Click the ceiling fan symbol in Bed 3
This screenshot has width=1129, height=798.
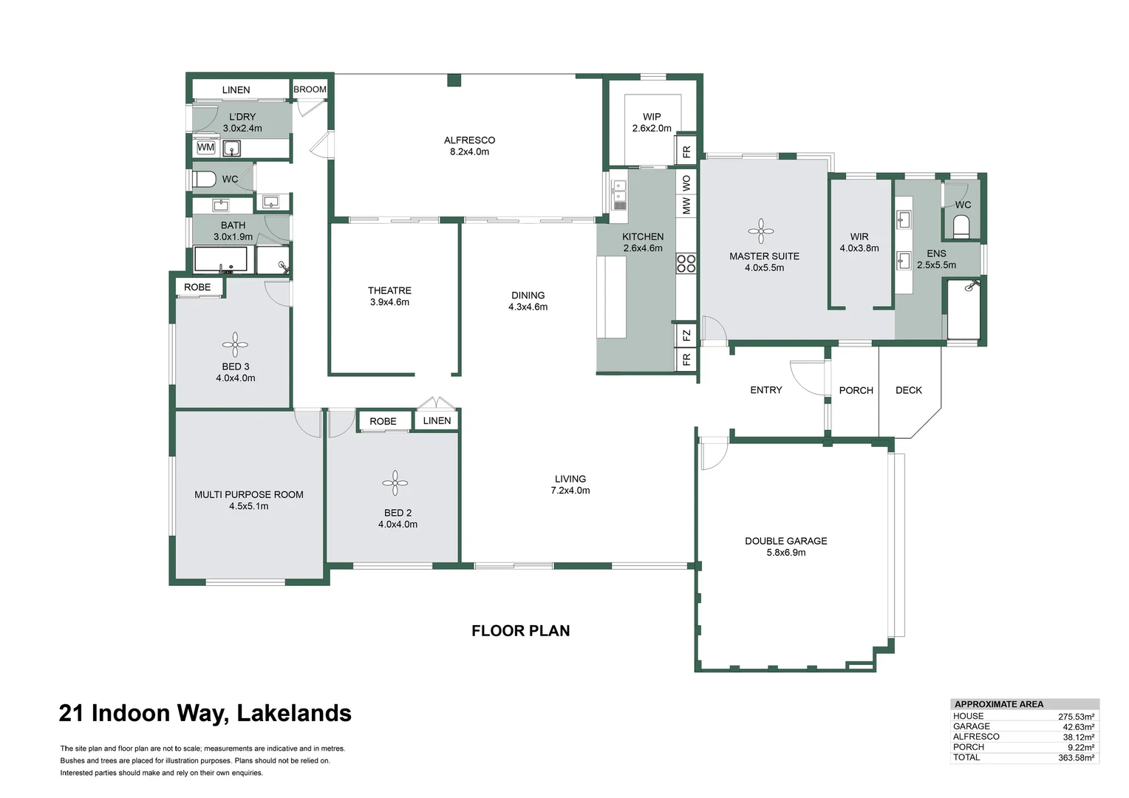[x=235, y=344]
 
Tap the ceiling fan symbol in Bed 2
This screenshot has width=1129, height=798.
[x=395, y=483]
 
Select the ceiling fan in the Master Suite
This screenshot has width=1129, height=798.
[x=761, y=231]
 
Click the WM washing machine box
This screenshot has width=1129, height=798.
[x=205, y=148]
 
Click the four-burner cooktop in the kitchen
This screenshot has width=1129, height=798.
[x=686, y=264]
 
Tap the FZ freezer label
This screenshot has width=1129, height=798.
[x=686, y=335]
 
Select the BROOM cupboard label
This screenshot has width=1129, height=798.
[x=310, y=89]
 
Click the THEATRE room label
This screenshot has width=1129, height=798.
[x=389, y=290]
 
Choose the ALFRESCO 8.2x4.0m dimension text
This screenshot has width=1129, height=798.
[x=469, y=152]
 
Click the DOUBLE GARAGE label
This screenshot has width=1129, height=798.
[x=785, y=541]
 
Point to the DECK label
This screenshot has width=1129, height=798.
[x=908, y=390]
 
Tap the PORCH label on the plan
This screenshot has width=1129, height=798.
[x=856, y=390]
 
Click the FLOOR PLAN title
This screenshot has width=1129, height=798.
[x=520, y=631]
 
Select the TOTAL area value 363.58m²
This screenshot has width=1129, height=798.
[x=1076, y=757]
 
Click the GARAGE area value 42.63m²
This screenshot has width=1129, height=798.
[x=1078, y=727]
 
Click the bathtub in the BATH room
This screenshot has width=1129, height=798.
[x=221, y=260]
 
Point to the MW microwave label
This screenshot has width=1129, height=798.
[x=686, y=205]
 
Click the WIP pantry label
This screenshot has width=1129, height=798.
[x=652, y=117]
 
